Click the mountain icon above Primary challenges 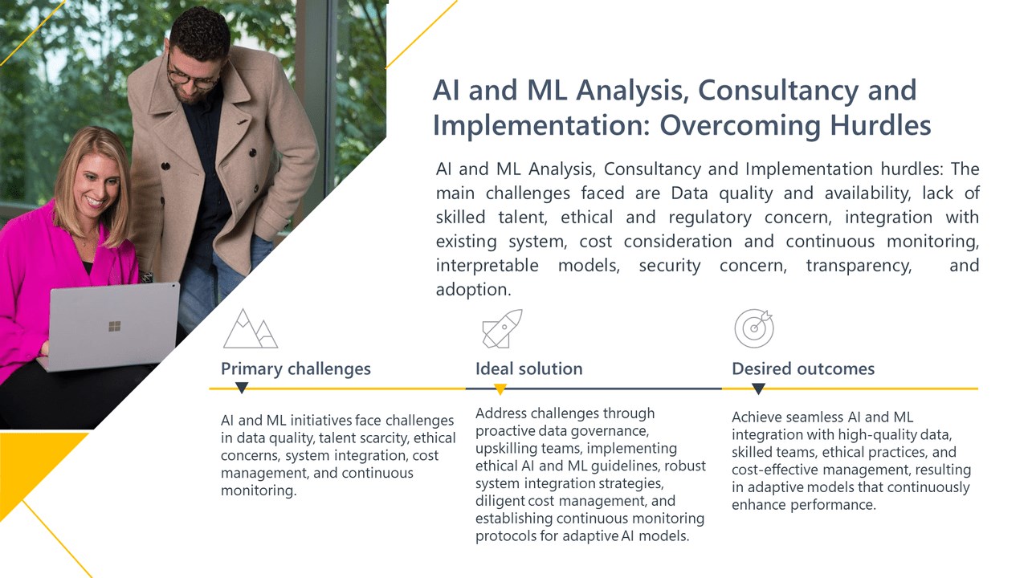click(250, 328)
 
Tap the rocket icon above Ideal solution click(502, 328)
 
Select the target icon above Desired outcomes click(754, 328)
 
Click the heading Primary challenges click(296, 369)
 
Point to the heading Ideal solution click(528, 369)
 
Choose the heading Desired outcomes click(802, 369)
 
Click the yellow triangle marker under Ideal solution click(500, 389)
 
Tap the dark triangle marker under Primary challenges click(242, 389)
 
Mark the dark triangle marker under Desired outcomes click(757, 389)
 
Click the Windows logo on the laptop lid click(114, 326)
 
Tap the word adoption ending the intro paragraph click(473, 290)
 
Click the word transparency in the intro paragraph click(859, 266)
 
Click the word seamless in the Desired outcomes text click(812, 417)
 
